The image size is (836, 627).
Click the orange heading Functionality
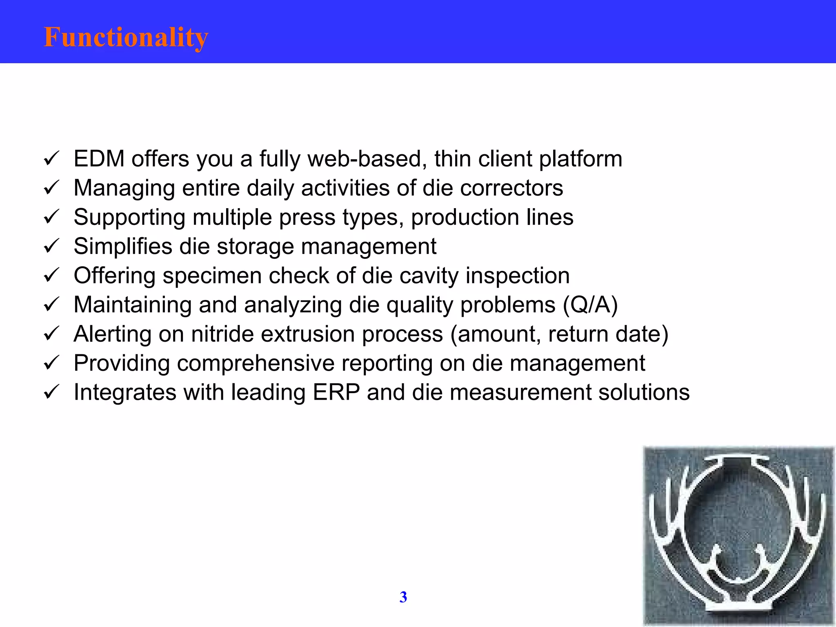tap(126, 38)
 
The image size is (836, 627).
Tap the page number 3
tap(403, 597)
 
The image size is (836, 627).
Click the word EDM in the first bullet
tap(99, 159)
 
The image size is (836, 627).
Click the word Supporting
tap(129, 218)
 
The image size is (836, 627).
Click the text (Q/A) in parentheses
tap(590, 305)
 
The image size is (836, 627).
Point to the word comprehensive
tap(256, 363)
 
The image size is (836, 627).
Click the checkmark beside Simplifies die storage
tap(51, 246)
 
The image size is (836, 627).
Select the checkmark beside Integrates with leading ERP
tap(51, 392)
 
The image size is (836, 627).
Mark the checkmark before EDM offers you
tap(51, 158)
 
